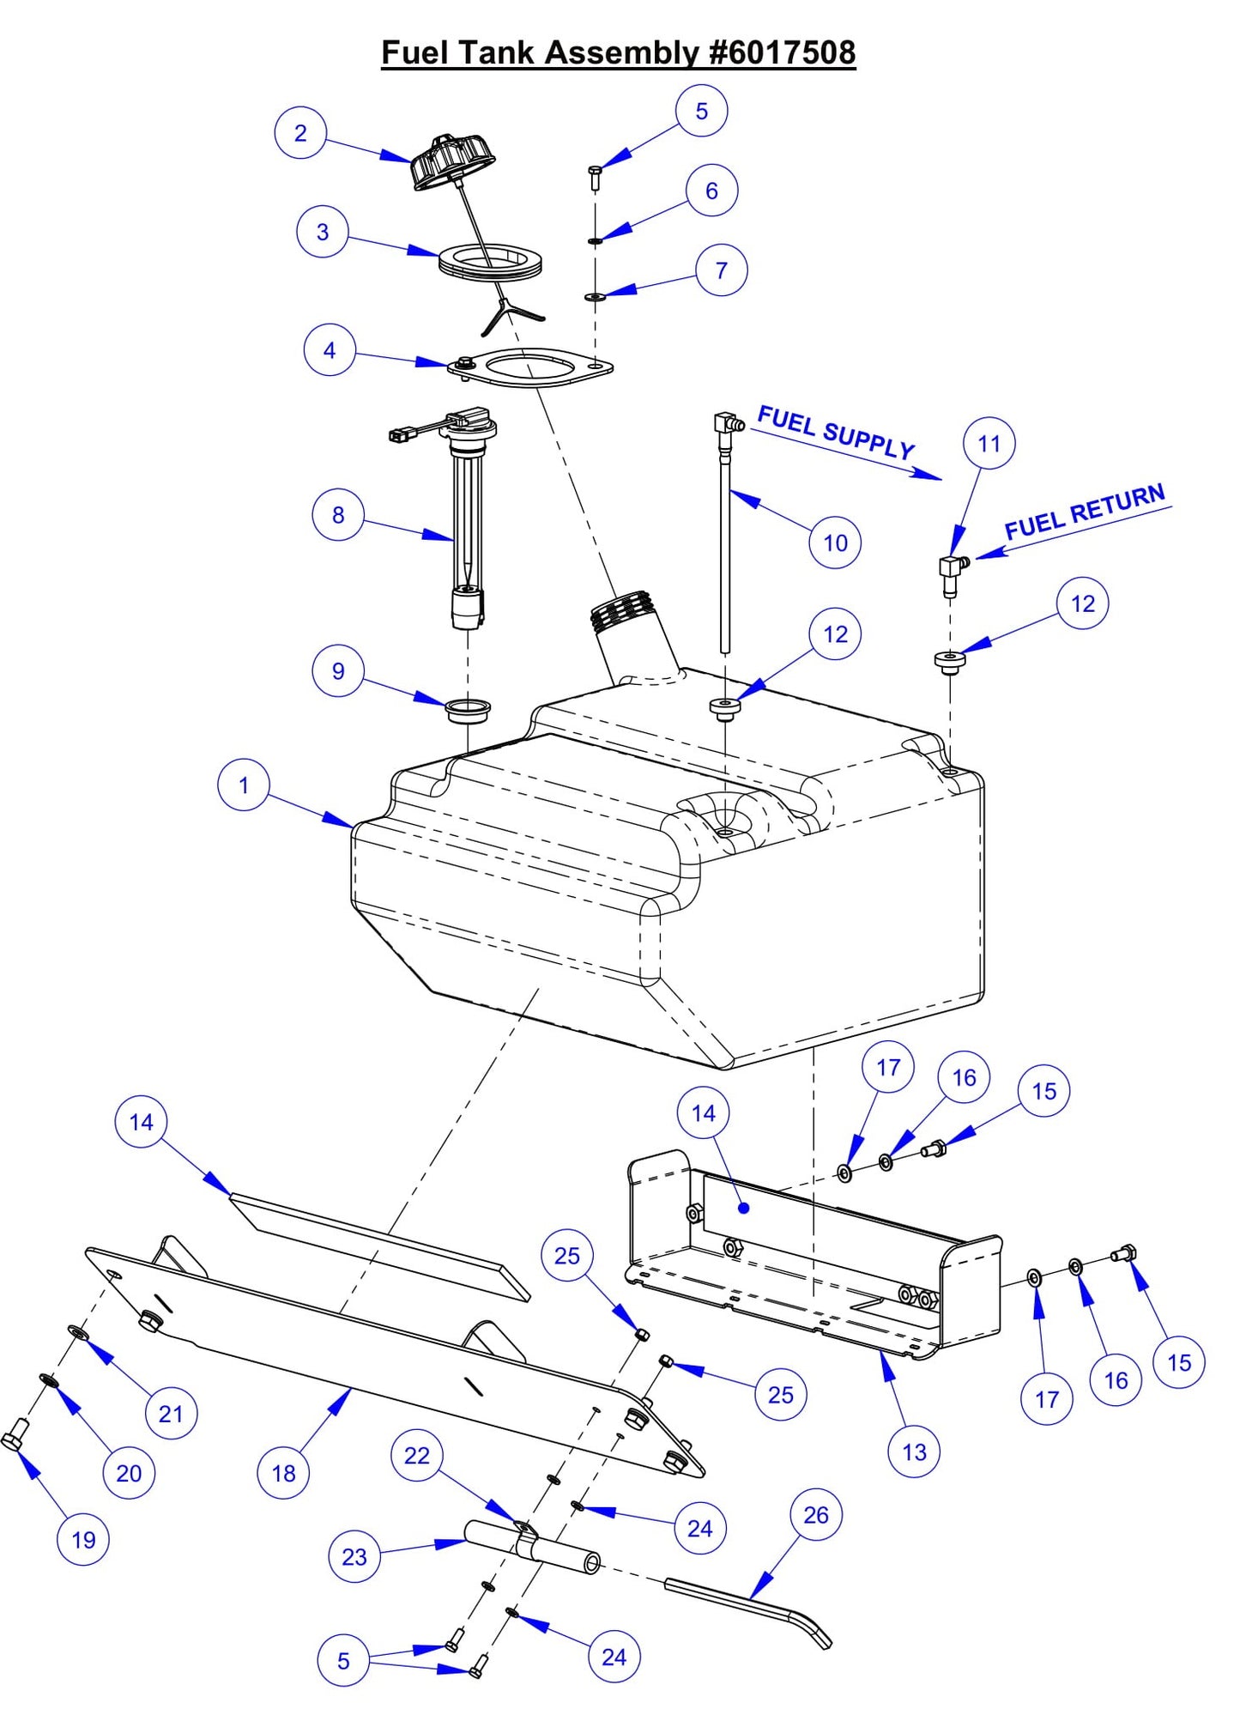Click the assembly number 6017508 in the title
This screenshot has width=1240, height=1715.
click(x=783, y=52)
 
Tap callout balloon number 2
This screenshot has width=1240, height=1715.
click(x=300, y=133)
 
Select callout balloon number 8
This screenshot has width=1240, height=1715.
click(x=338, y=515)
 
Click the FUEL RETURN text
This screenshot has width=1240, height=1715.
click(x=1084, y=512)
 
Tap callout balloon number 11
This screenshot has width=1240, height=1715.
click(x=989, y=444)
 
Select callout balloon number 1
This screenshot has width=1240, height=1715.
click(x=244, y=785)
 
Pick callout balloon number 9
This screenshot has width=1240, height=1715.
click(x=338, y=671)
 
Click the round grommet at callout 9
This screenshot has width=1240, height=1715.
click(x=468, y=711)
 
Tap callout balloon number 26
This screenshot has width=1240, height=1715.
click(x=815, y=1515)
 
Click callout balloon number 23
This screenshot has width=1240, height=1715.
click(x=354, y=1557)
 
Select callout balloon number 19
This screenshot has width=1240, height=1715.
click(x=83, y=1540)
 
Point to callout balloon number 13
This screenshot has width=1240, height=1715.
click(x=914, y=1452)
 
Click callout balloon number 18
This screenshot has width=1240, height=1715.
click(x=283, y=1474)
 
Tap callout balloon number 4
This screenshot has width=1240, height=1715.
click(x=330, y=350)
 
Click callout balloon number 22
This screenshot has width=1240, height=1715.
click(x=417, y=1456)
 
